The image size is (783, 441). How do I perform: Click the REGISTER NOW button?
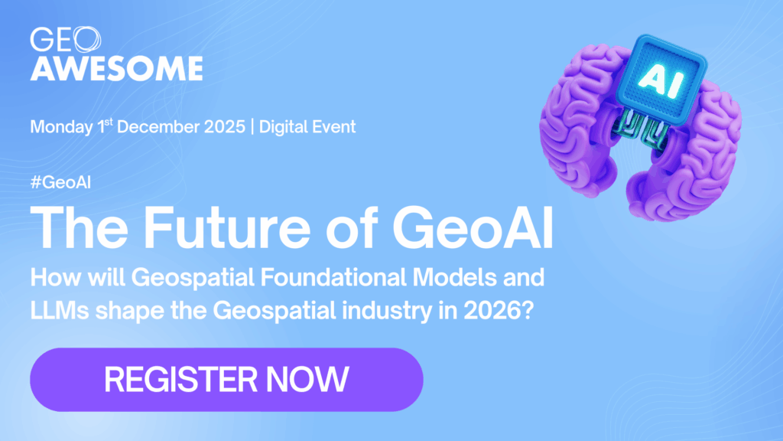click(226, 380)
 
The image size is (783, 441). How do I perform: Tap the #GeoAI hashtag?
click(60, 182)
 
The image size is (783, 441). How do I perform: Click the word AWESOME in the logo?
click(116, 68)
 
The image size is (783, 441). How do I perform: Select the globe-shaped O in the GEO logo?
click(86, 40)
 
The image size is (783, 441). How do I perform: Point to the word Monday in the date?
click(61, 127)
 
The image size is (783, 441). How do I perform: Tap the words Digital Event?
click(307, 126)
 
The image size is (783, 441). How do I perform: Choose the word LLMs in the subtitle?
click(60, 311)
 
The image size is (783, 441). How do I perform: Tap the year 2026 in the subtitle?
click(492, 311)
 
